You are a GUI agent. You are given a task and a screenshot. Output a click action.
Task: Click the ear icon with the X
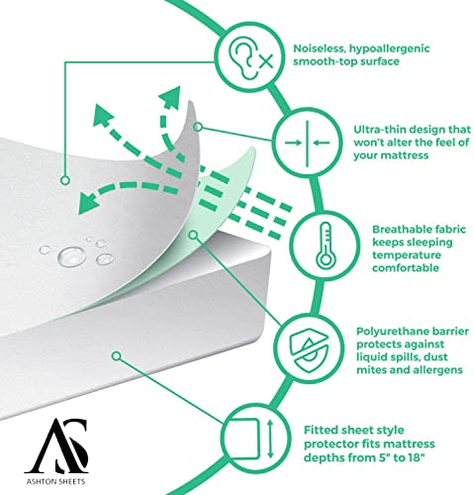pyautogui.click(x=250, y=57)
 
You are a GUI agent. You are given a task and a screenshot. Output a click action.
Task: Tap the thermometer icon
pyautogui.click(x=326, y=246)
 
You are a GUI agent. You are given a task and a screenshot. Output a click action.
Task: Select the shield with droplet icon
pyautogui.click(x=309, y=349)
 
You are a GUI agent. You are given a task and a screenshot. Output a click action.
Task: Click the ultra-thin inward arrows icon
pyautogui.click(x=307, y=143)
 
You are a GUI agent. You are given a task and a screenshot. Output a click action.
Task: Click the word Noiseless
pyautogui.click(x=319, y=49)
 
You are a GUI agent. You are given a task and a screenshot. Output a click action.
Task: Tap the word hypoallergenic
pyautogui.click(x=390, y=49)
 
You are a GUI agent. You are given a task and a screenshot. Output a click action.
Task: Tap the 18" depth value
pyautogui.click(x=415, y=457)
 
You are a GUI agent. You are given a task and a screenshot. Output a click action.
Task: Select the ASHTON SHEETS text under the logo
pyautogui.click(x=55, y=481)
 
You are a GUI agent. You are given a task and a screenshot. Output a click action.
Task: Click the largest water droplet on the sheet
pyautogui.click(x=71, y=256)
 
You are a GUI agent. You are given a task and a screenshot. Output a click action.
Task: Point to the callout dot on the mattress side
pyautogui.click(x=117, y=356)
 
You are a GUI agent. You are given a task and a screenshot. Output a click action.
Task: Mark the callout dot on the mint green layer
pyautogui.click(x=194, y=235)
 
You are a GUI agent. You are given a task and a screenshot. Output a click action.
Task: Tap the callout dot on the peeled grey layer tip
pyautogui.click(x=198, y=127)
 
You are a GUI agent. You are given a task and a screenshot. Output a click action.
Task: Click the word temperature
pyautogui.click(x=407, y=255)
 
